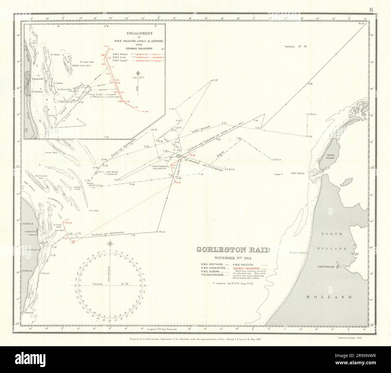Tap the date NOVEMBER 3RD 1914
point(233,257)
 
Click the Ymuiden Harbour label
point(297,253)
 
